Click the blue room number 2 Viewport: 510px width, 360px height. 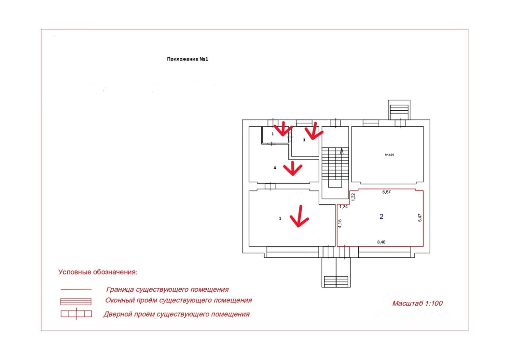point(381,217)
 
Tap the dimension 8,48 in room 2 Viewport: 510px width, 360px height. point(381,241)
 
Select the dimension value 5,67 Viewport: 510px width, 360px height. point(386,192)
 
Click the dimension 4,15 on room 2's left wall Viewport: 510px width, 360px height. point(340,223)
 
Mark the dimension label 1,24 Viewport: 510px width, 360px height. point(343,207)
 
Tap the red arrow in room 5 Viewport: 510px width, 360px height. point(299,217)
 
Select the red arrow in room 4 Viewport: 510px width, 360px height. point(293,168)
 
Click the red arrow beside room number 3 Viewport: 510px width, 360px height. point(314,131)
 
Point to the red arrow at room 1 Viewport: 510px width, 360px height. point(284,129)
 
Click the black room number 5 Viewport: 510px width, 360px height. point(280,218)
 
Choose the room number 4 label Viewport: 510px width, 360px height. point(275,168)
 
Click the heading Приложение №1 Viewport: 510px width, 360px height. point(188,59)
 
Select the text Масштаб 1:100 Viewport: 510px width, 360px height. point(417,303)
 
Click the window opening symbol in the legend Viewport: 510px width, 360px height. point(76,301)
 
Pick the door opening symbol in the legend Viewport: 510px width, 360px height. point(76,314)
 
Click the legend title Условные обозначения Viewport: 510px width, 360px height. point(98,272)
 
